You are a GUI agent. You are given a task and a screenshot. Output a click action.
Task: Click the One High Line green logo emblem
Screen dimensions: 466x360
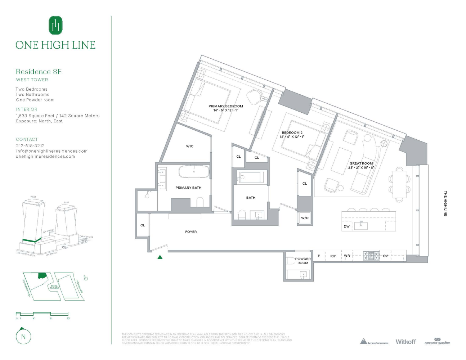pos(55,25)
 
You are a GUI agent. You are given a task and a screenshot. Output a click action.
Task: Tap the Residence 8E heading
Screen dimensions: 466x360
pos(39,72)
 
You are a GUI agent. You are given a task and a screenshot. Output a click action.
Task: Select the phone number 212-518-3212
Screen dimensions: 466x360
pos(30,146)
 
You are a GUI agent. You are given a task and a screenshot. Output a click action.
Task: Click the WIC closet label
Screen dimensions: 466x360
pos(190,146)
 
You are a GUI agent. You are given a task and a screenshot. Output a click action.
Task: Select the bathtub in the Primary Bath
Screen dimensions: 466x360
pos(194,172)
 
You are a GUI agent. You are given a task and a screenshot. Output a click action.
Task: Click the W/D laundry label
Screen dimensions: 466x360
pos(305,218)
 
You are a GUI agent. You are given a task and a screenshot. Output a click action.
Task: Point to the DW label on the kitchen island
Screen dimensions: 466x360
pos(346,226)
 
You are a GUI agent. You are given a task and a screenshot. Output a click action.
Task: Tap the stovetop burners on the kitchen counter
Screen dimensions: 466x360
pos(371,256)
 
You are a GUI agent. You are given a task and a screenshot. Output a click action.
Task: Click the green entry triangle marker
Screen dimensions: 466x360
pos(160,257)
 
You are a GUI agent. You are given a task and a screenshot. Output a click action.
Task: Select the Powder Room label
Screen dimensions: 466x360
pos(303,261)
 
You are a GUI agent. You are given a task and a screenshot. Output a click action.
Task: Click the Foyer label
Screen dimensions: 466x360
pos(191,232)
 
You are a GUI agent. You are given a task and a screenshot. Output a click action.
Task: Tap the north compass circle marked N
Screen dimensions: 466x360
pos(23,337)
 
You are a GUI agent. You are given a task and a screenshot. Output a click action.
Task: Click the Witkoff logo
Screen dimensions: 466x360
pos(405,342)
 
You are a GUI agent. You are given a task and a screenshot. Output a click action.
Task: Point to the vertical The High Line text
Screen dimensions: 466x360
pos(445,203)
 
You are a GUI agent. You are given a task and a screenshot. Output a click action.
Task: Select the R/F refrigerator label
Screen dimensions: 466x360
pos(333,256)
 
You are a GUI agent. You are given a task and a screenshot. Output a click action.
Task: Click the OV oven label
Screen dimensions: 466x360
pos(385,256)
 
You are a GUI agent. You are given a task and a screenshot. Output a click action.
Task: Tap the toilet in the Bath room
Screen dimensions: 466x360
pos(242,215)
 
